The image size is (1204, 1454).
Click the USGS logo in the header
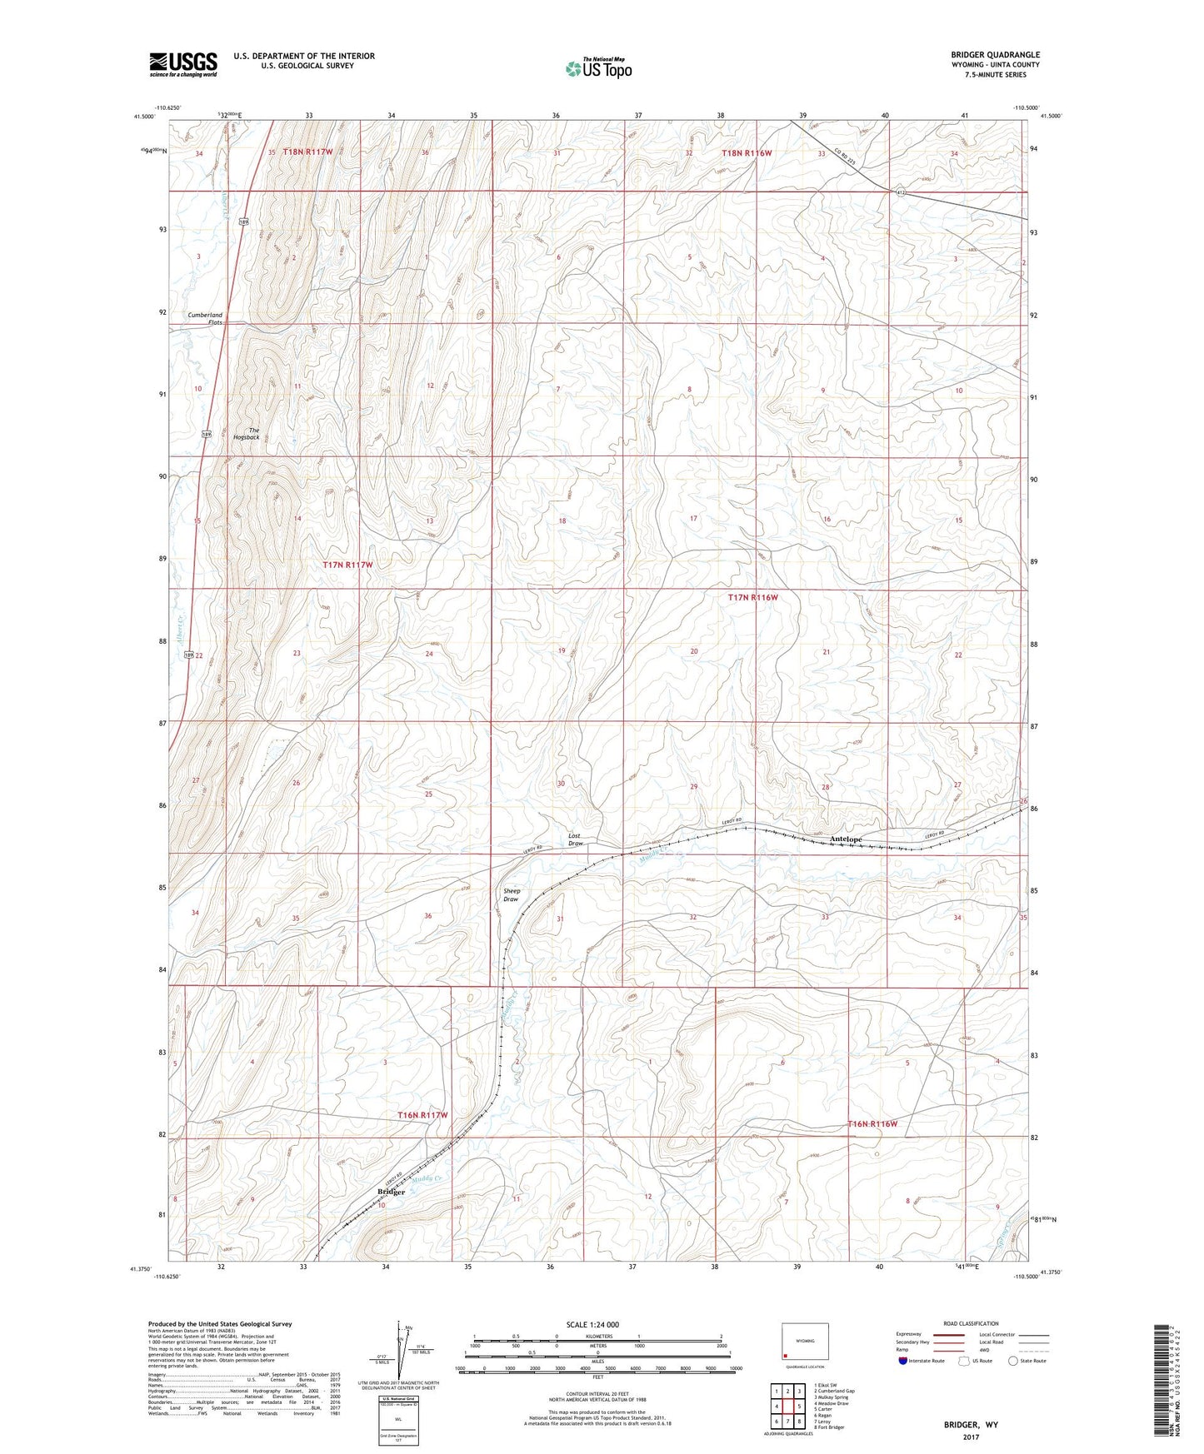pyautogui.click(x=183, y=64)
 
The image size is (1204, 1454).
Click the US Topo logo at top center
pyautogui.click(x=597, y=68)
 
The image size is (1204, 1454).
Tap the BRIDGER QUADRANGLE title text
pyautogui.click(x=995, y=55)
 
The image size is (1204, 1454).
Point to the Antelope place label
pyautogui.click(x=845, y=839)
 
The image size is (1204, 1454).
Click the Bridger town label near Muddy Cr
pyautogui.click(x=391, y=1192)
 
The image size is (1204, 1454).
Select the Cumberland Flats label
pyautogui.click(x=205, y=318)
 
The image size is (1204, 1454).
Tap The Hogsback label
pyautogui.click(x=247, y=434)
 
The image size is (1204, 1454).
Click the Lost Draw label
pyautogui.click(x=575, y=839)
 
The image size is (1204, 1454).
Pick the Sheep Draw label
pyautogui.click(x=511, y=895)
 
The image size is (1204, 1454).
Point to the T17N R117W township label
pyautogui.click(x=347, y=565)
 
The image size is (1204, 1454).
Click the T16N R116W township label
pyautogui.click(x=872, y=1123)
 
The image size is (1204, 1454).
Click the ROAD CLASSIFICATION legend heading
pyautogui.click(x=972, y=1323)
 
